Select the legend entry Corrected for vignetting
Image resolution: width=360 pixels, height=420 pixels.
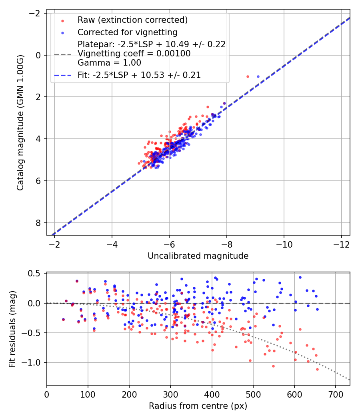[128, 32]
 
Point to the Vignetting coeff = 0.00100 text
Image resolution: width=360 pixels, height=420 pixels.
[134, 53]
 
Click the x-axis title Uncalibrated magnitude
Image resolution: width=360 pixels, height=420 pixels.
[198, 256]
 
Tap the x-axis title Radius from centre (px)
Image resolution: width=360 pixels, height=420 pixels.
[198, 406]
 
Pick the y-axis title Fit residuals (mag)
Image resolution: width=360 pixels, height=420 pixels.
[12, 329]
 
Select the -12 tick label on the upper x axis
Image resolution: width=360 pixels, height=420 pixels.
[341, 244]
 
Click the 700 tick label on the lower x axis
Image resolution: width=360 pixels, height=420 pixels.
[335, 394]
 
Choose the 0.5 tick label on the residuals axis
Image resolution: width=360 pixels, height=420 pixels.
[36, 274]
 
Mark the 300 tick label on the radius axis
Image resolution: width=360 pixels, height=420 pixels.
[170, 394]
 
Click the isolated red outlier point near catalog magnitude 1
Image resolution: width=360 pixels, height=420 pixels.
[248, 76]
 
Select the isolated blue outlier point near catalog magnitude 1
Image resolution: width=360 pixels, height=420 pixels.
[258, 76]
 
